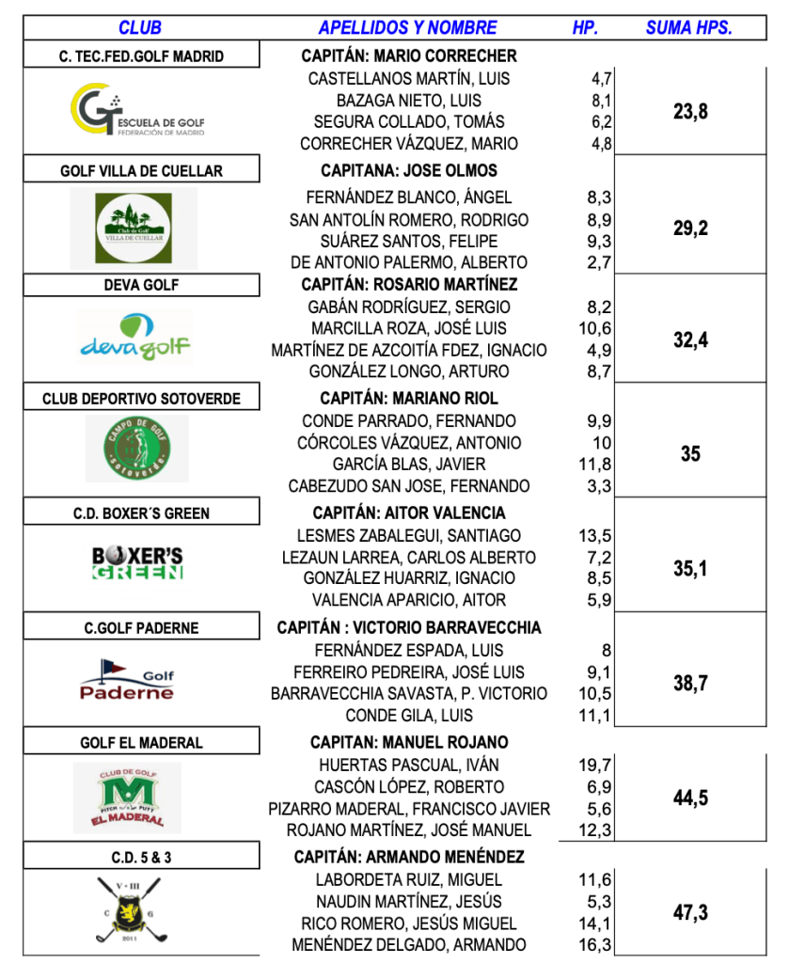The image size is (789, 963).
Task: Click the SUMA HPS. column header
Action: tap(688, 27)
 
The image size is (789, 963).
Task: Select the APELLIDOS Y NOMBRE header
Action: tap(407, 27)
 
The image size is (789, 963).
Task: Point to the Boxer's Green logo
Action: tap(137, 561)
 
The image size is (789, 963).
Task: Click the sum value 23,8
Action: tap(690, 112)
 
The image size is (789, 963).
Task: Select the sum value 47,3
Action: tap(690, 912)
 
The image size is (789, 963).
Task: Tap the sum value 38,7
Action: tap(690, 684)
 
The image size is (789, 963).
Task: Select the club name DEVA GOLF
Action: tap(141, 285)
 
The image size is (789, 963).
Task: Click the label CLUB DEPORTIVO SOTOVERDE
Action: tap(141, 399)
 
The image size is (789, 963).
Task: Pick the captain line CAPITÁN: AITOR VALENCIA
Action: tap(408, 513)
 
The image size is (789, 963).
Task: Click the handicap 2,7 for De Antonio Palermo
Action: tap(599, 262)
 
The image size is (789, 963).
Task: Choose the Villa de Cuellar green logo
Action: tap(133, 229)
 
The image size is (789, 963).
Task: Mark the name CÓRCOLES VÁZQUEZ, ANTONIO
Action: tap(408, 443)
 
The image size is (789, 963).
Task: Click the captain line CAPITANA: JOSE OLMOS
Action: tap(408, 170)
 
